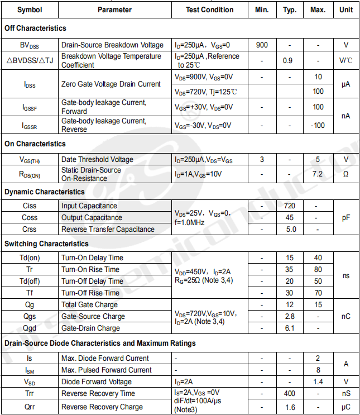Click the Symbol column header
(x=30, y=9)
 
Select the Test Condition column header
(x=210, y=9)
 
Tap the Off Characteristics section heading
(x=35, y=28)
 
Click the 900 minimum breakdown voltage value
(x=262, y=45)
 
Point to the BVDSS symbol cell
(x=30, y=45)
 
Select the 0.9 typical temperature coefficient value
(x=288, y=60)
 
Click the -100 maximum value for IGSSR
(x=318, y=125)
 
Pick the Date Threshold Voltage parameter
(x=97, y=160)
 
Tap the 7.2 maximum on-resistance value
(x=318, y=174)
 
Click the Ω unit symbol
(x=345, y=174)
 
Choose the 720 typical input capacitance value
(x=289, y=206)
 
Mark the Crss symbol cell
(x=30, y=229)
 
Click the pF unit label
(x=345, y=217)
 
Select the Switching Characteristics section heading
(x=46, y=244)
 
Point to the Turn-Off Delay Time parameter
(x=92, y=281)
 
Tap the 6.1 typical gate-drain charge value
(x=290, y=328)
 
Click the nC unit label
(x=345, y=316)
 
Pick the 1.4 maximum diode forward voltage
(x=318, y=381)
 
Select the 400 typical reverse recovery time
(x=289, y=393)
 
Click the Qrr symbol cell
(x=30, y=407)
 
